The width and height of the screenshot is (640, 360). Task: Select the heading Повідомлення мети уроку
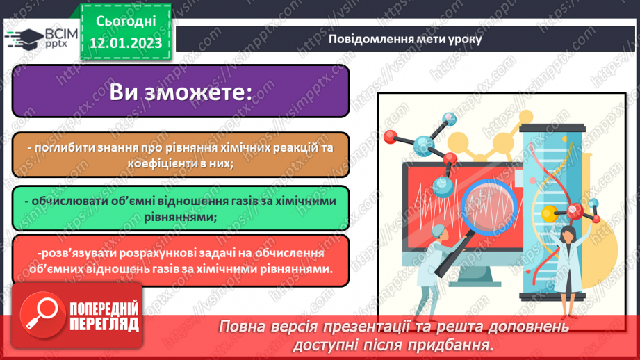click(405, 39)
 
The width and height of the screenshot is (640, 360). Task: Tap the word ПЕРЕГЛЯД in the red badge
click(104, 323)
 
